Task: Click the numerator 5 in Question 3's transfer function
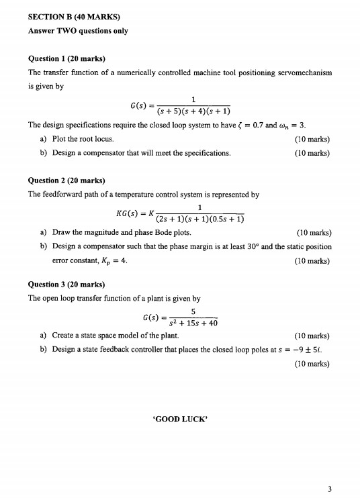pos(193,311)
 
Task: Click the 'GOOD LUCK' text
pos(179,422)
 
